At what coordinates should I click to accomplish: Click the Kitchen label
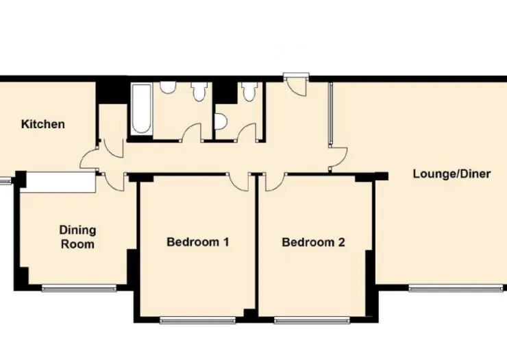pos(42,124)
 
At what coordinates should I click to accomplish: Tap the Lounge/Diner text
pos(452,174)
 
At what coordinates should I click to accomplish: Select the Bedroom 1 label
pos(197,242)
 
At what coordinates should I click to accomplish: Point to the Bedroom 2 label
pos(313,242)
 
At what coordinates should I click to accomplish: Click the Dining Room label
pos(77,237)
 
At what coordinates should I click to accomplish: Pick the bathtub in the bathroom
pos(142,109)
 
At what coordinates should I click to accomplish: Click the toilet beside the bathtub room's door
pos(198,91)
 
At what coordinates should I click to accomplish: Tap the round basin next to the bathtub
pos(168,87)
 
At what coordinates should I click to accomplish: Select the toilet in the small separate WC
pos(249,91)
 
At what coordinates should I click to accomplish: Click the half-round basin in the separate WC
pos(220,122)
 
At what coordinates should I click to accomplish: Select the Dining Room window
pos(79,288)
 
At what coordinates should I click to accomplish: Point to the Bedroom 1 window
pos(197,320)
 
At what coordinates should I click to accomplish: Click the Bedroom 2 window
pos(312,320)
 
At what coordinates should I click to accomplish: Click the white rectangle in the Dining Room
pos(60,182)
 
